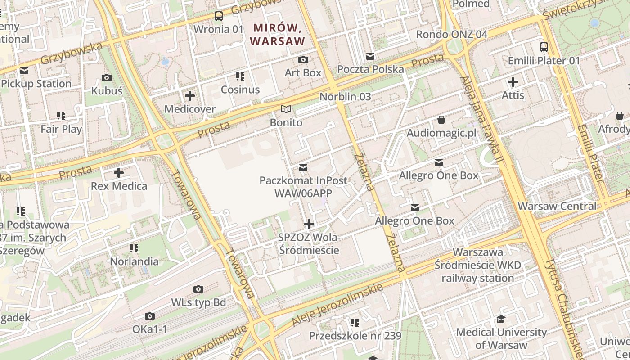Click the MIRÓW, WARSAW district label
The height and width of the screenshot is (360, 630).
coord(277,34)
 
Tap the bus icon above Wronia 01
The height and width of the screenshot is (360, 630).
coord(219,16)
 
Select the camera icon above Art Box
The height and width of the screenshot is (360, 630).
coord(303,59)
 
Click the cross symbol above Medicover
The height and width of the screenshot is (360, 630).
coord(190,96)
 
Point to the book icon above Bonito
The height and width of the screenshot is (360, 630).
coord(286,109)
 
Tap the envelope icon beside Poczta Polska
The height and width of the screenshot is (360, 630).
coord(370,56)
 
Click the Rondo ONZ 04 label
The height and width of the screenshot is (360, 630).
coord(451,34)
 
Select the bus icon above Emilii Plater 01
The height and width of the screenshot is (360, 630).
coord(544,47)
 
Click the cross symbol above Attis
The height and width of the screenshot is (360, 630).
coord(513,82)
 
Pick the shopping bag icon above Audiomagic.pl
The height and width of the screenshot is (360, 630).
coord(441,120)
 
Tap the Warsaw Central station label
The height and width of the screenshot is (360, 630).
coord(557,206)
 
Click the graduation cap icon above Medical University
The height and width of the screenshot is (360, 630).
coord(501,319)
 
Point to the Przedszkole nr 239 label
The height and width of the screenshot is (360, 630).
coord(355,336)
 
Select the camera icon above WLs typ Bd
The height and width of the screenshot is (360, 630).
coord(198,289)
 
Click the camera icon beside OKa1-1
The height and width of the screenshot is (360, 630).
coord(150,316)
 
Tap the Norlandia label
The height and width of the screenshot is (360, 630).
coord(134,261)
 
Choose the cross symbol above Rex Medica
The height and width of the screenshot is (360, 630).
coord(119,173)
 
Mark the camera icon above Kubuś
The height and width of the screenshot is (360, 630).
coord(107,78)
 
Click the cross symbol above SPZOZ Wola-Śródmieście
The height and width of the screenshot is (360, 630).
coord(309,224)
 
